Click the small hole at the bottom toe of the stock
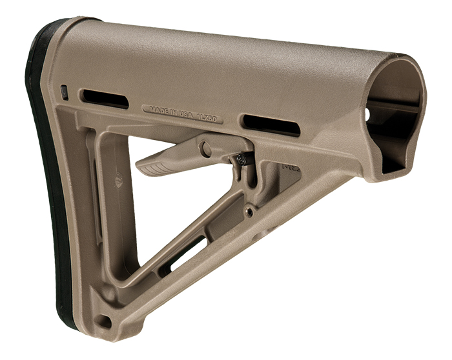point(101,319)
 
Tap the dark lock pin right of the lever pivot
point(240,157)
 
